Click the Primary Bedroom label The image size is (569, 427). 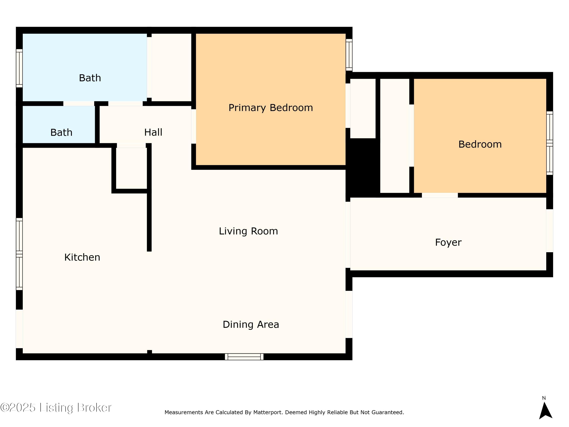pyautogui.click(x=271, y=108)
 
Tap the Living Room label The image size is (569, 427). pyautogui.click(x=248, y=231)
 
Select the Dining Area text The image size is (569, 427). pyautogui.click(x=251, y=324)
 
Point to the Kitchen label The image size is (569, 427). pyautogui.click(x=82, y=257)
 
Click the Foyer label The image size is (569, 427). pyautogui.click(x=448, y=243)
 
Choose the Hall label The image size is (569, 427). pyautogui.click(x=153, y=132)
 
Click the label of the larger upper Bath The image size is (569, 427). pyautogui.click(x=90, y=78)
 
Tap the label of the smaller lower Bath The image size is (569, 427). pyautogui.click(x=61, y=132)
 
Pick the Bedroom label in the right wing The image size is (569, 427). pyautogui.click(x=480, y=144)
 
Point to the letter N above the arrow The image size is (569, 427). pyautogui.click(x=544, y=398)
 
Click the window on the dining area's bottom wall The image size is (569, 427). pyautogui.click(x=244, y=357)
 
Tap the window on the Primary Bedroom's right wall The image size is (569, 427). pyautogui.click(x=349, y=55)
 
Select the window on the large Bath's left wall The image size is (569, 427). pyautogui.click(x=19, y=68)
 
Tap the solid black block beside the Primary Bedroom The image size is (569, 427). pyautogui.click(x=363, y=167)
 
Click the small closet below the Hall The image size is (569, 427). pyautogui.click(x=131, y=168)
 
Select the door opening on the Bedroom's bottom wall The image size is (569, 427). pyautogui.click(x=440, y=195)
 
